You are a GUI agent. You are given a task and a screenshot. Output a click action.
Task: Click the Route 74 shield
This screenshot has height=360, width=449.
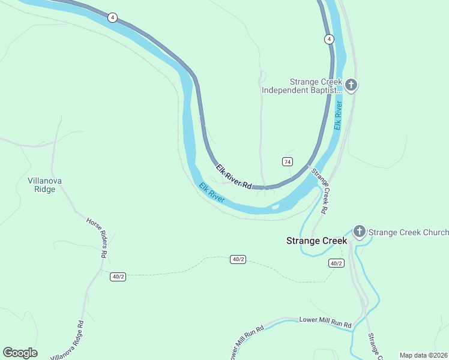[x=288, y=162]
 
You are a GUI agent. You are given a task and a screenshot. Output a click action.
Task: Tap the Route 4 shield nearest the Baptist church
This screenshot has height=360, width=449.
[x=329, y=39]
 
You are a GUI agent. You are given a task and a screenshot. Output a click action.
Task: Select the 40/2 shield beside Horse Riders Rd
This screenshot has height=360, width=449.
[x=118, y=276]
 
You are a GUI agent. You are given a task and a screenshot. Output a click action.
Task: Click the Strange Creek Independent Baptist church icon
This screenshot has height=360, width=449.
[x=351, y=85]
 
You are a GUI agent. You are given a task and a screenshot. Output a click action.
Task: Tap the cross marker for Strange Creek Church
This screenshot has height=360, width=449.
[x=360, y=232]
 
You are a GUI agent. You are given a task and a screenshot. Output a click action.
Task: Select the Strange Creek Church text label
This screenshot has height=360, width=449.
[x=408, y=232]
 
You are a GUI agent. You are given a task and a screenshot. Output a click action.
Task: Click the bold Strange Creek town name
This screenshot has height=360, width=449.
[x=316, y=241]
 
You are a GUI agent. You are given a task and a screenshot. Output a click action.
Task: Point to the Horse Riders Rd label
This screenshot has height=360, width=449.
[x=97, y=238]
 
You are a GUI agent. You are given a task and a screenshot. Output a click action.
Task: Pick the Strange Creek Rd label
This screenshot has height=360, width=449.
[x=319, y=191]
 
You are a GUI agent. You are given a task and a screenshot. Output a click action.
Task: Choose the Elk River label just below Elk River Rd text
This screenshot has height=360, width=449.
[x=212, y=192]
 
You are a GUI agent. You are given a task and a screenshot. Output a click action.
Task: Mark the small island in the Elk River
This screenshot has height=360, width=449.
[x=275, y=207]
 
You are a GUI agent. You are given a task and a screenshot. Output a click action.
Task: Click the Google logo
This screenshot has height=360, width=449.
[x=20, y=353]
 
